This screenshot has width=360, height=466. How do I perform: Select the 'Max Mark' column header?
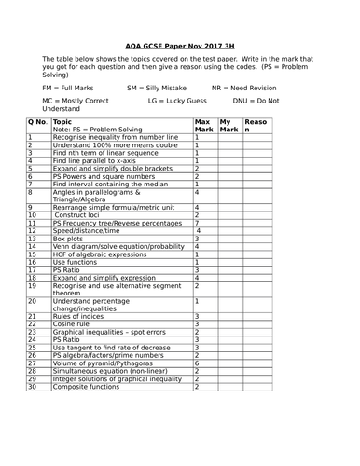(x=202, y=126)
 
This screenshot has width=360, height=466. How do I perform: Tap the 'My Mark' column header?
(x=228, y=126)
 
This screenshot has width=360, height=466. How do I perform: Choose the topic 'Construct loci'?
(x=82, y=213)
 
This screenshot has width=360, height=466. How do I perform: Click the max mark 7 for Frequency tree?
(x=197, y=223)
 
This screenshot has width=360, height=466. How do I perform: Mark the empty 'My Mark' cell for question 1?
(x=228, y=137)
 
